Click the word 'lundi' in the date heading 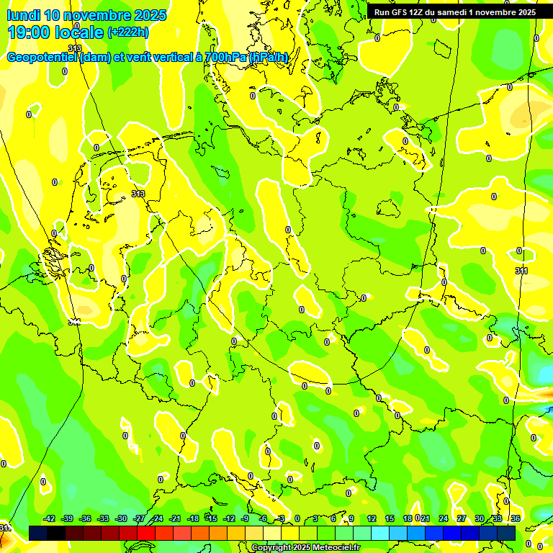24,15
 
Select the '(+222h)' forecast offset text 127,32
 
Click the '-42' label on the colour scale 50,518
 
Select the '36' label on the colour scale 516,518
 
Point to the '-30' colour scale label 121,518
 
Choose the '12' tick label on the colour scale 372,518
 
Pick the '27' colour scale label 462,518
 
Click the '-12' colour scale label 229,518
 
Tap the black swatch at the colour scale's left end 38,533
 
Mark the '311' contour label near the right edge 521,271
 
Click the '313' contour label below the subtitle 75,68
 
